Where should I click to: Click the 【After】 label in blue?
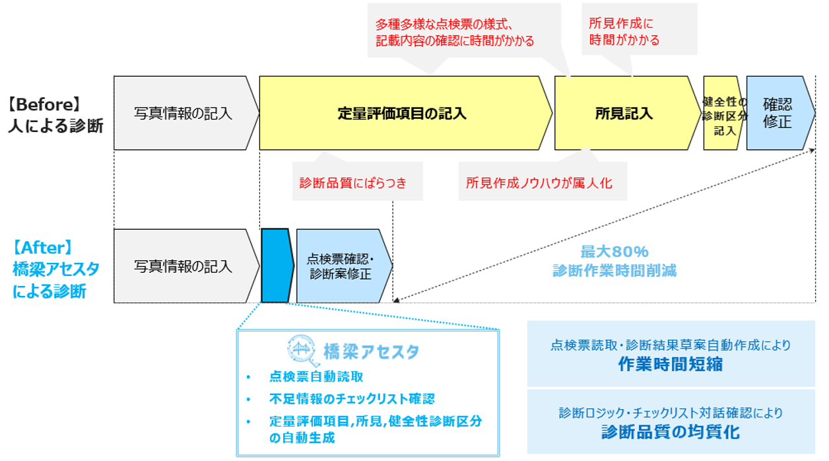coord(42,248)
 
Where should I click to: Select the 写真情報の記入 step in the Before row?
coord(183,113)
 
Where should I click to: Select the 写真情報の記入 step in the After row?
coord(183,266)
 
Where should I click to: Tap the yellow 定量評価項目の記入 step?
coord(402,113)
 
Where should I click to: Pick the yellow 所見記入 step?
coord(624,113)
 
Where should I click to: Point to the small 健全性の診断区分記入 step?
coord(723,113)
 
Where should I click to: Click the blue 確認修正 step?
coord(777,113)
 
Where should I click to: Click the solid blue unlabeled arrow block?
coord(276,266)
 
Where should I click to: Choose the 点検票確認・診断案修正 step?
coord(340,266)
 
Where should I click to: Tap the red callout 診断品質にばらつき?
coord(353,183)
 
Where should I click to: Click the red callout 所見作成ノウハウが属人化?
coord(539,183)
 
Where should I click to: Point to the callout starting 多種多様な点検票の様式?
coord(455,32)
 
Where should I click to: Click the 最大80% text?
coord(614,252)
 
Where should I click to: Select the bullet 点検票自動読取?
coord(316,376)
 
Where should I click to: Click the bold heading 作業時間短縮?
coord(670,364)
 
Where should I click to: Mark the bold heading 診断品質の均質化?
coord(670,432)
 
